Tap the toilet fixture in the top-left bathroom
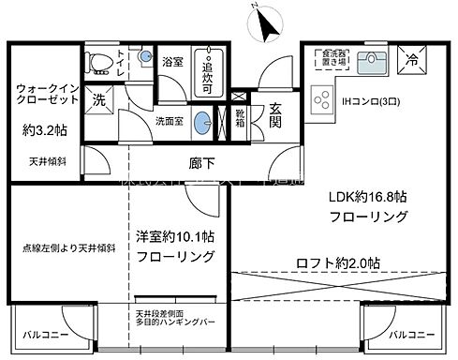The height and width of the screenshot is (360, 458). [x=96, y=62]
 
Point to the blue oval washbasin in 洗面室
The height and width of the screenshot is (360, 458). [x=201, y=121]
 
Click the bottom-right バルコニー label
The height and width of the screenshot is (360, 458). [x=413, y=335]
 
